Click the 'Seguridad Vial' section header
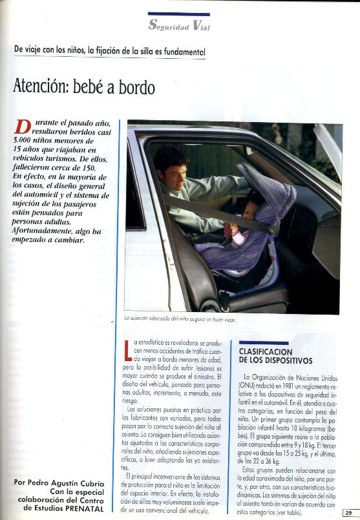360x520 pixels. click(179, 26)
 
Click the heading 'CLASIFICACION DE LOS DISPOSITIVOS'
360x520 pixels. click(275, 356)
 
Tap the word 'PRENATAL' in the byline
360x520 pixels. click(87, 508)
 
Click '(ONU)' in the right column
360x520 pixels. click(251, 385)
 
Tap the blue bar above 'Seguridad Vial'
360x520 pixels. click(178, 14)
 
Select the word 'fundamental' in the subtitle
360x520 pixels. click(184, 51)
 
